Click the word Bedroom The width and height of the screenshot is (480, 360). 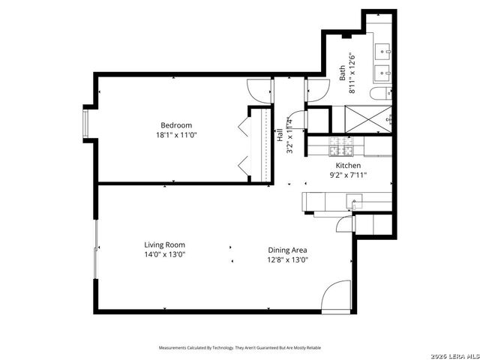[176, 125]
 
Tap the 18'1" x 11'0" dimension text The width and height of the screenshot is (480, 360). [176, 136]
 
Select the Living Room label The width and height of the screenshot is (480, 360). [165, 244]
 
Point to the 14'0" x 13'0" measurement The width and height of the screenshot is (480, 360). [165, 255]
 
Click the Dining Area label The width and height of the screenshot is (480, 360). [288, 250]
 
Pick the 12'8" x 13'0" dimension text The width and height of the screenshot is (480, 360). [288, 260]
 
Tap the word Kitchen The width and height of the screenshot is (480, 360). [348, 165]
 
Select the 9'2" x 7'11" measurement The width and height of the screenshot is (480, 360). [348, 175]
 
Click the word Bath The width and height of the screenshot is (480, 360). [343, 72]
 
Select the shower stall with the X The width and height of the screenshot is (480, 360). [368, 119]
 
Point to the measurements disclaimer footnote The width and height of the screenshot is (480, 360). [239, 348]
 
